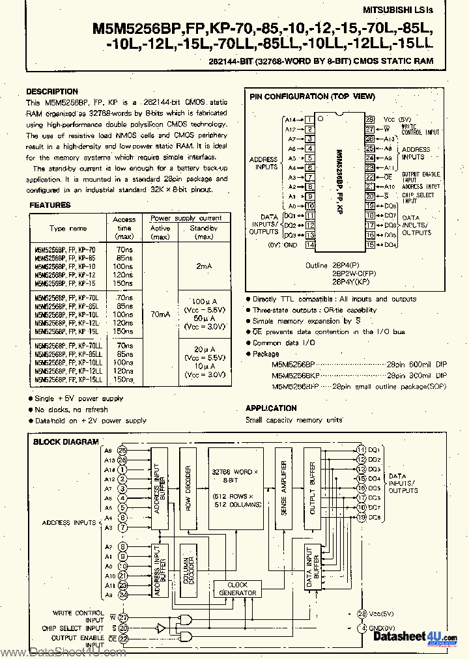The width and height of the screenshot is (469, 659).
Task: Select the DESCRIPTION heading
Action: [x=52, y=92]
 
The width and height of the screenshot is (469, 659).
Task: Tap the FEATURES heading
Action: [x=50, y=205]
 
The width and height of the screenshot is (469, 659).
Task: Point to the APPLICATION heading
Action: [x=271, y=408]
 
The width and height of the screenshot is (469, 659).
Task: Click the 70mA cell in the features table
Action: [x=160, y=314]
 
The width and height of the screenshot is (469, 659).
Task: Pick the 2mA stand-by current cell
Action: [x=203, y=266]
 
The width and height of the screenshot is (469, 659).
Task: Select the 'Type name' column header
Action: [x=68, y=229]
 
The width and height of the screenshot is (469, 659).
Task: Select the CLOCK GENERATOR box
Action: [x=238, y=589]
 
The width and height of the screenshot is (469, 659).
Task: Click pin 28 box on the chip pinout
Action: [x=369, y=120]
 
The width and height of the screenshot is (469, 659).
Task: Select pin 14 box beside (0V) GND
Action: [x=310, y=245]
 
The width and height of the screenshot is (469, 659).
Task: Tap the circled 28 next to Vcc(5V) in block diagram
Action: [x=362, y=614]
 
